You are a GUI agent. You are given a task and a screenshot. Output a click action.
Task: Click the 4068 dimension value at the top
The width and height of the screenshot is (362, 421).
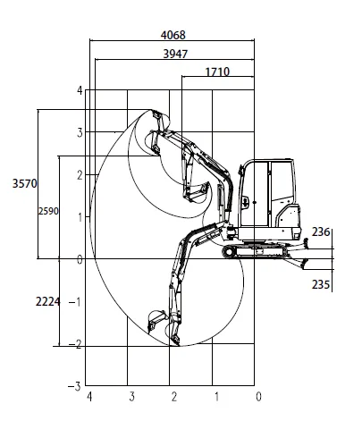click(174, 35)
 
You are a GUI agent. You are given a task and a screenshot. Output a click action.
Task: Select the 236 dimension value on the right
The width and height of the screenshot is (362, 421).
click(321, 232)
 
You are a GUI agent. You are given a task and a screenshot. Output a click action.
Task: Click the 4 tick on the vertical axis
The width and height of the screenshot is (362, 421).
click(80, 90)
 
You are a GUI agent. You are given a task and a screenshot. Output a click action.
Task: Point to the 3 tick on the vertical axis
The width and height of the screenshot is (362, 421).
click(80, 132)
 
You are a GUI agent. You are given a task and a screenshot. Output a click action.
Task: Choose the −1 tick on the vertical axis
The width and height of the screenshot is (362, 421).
click(77, 301)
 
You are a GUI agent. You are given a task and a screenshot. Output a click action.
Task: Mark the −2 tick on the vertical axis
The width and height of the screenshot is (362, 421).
click(77, 344)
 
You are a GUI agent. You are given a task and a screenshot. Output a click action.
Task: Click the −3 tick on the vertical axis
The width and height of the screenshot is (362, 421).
click(77, 386)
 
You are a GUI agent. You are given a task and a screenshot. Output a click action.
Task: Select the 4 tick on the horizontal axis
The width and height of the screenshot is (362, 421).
click(89, 397)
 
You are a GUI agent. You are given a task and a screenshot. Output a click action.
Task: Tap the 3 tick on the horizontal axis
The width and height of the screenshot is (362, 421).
click(131, 397)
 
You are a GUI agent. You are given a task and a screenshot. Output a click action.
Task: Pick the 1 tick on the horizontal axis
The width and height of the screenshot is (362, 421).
click(215, 397)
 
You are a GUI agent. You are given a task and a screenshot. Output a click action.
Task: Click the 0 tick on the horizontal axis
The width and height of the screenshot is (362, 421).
click(257, 397)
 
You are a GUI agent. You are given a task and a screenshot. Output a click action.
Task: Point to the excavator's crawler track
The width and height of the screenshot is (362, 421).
click(260, 253)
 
